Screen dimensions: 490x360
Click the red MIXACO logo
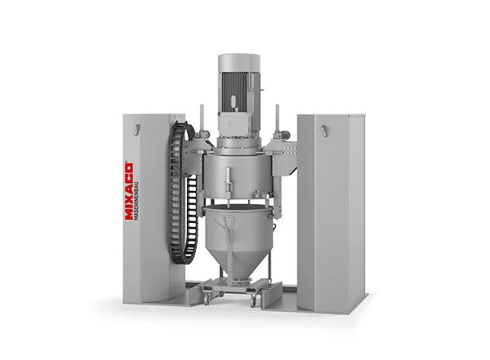(x=129, y=192)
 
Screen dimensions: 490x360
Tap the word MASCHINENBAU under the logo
(x=136, y=202)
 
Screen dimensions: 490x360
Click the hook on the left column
(x=136, y=129)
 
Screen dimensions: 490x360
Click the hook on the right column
(x=324, y=131)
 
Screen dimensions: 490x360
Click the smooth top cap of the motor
(x=239, y=63)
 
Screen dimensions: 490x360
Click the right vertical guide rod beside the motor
(x=277, y=119)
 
